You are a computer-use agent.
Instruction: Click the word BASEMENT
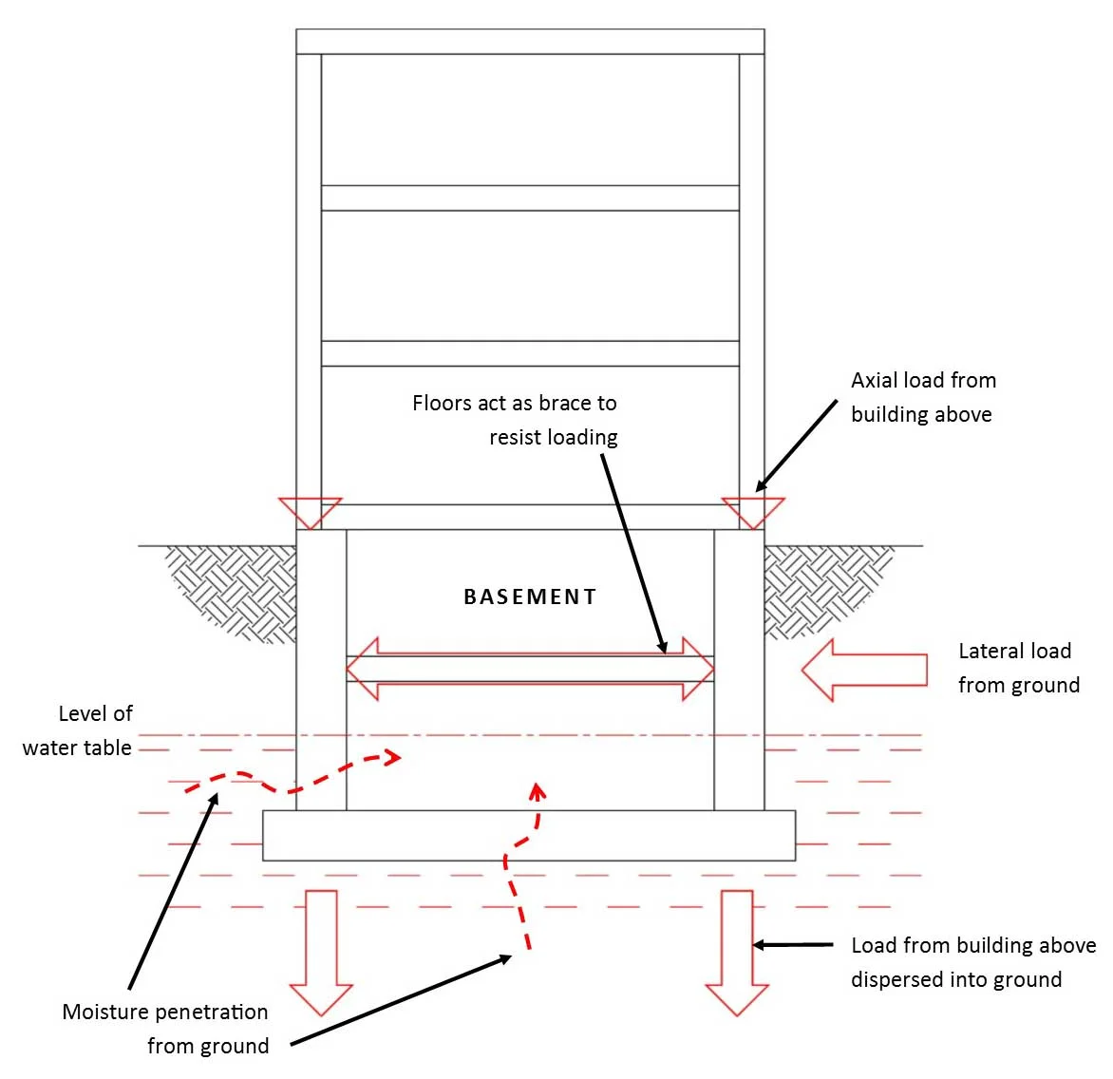(x=530, y=596)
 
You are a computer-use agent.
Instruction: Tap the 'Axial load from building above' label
(x=922, y=397)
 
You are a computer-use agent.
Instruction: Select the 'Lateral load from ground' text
(x=1018, y=668)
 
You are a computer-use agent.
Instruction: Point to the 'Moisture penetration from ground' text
(x=166, y=1029)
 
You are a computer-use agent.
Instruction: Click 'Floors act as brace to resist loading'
(x=515, y=420)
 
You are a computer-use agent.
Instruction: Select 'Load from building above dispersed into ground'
(x=972, y=962)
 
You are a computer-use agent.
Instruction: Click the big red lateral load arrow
(x=863, y=670)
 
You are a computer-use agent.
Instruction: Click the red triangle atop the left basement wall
(x=310, y=511)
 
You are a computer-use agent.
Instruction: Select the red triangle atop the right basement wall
(x=753, y=511)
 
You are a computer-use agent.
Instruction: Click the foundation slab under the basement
(x=529, y=835)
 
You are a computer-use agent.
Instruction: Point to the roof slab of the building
(x=530, y=42)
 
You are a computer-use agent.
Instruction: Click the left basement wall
(x=321, y=670)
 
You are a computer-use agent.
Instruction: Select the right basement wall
(x=739, y=670)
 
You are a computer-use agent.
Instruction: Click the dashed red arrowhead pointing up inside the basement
(x=538, y=790)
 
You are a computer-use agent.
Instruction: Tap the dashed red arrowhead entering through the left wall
(x=391, y=757)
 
